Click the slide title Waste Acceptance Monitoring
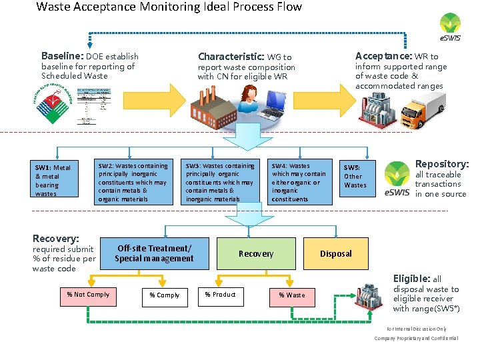coord(169,7)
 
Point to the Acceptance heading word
coord(383,56)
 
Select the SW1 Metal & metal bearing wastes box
coord(53,181)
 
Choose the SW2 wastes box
coord(133,182)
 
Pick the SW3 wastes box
coord(220,182)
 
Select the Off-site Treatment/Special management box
coord(154,253)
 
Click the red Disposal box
coord(336,253)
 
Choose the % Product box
coord(220,295)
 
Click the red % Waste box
coord(291,295)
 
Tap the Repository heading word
coord(441,163)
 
